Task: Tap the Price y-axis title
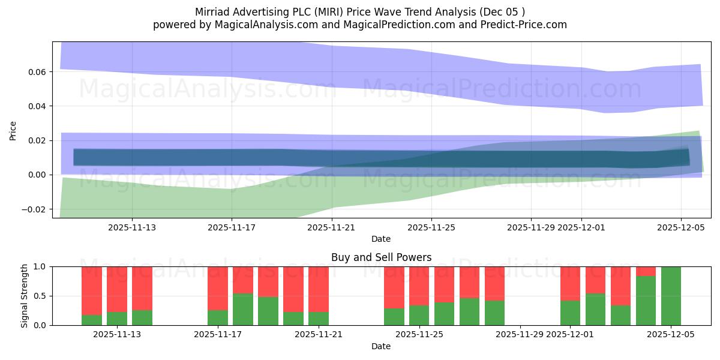13,130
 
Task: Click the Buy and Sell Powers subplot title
381,258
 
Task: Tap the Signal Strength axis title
25,296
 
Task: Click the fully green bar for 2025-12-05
671,296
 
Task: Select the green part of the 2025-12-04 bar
646,301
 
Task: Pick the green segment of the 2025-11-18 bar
243,310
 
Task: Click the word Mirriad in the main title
213,12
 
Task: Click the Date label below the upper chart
381,239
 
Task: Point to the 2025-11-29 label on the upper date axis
530,227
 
